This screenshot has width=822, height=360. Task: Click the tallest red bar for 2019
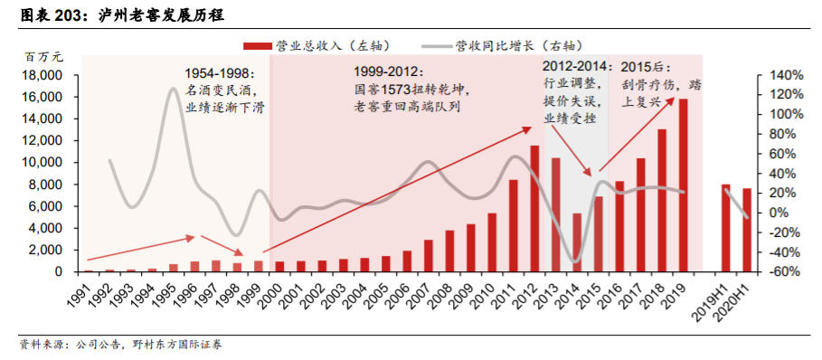684,185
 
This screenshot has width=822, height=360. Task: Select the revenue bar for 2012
534,209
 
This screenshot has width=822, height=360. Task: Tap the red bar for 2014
577,242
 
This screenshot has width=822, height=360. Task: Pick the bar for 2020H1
747,230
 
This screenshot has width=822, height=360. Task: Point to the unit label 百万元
43,56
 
